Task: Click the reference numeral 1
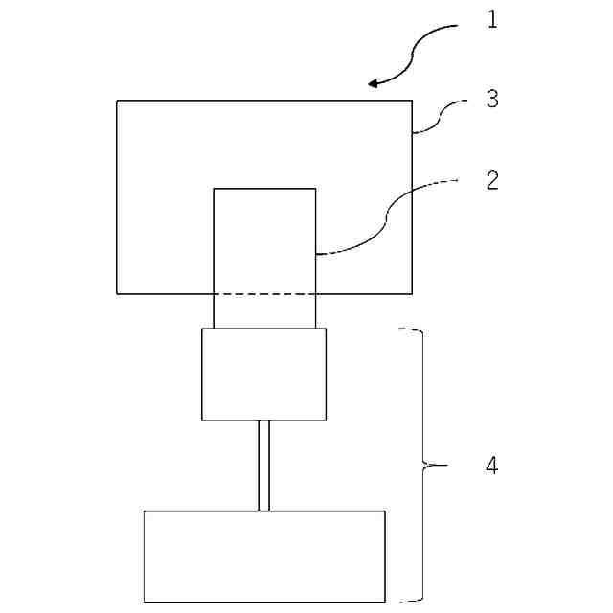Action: pos(492,19)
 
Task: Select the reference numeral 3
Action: pos(492,99)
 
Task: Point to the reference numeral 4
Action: pos(492,466)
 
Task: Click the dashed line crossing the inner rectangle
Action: pos(264,293)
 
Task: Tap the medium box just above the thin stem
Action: pos(263,374)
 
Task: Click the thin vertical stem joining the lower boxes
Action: pos(263,465)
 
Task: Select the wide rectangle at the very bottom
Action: pos(264,556)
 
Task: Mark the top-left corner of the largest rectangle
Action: pos(117,101)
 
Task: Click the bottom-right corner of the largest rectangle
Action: pos(412,293)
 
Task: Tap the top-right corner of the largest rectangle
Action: pos(412,101)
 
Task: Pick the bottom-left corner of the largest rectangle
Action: pos(117,293)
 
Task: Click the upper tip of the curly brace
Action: pos(400,329)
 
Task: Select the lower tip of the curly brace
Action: pos(400,602)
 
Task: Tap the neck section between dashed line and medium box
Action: pos(264,311)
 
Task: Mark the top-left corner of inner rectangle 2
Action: pos(214,189)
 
